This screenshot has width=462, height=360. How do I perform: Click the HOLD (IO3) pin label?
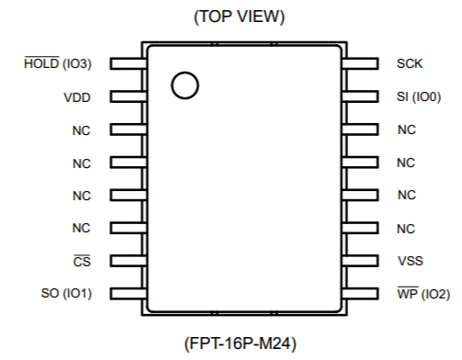58,63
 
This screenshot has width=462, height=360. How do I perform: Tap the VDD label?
77,97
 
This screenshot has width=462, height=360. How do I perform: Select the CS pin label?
82,261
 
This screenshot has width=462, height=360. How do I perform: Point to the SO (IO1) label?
66,293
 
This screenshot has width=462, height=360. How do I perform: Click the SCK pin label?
410,63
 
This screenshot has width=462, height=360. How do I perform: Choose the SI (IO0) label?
419,96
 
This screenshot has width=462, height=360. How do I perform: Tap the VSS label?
411,261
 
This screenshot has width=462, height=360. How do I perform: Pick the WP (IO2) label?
423,294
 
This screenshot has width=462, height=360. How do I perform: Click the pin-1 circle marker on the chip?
185,85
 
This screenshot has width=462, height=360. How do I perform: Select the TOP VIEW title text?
240,17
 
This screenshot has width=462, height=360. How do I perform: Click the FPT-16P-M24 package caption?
241,343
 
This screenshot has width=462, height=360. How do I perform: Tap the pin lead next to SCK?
360,63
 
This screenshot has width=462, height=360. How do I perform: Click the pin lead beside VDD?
129,96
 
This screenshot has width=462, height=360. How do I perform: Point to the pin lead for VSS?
360,261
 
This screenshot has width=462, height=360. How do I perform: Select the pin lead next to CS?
129,261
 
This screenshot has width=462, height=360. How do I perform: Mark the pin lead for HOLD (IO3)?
129,63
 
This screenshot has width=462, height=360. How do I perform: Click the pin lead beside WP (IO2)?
360,294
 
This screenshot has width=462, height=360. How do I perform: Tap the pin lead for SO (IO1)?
129,294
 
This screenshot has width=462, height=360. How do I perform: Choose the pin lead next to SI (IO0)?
360,96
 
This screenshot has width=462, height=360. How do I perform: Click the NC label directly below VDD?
82,130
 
